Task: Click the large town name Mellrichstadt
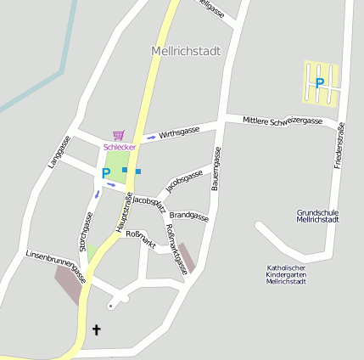coord(185,51)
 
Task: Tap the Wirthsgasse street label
coord(179,132)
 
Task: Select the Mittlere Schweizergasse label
coord(283,121)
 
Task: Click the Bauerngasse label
coord(216,168)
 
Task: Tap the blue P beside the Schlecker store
coord(106,173)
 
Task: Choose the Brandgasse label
coord(188,216)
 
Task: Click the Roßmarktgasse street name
coord(176,249)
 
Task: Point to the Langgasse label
coord(59,152)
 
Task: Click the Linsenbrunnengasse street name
coord(56,265)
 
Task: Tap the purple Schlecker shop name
coord(120,147)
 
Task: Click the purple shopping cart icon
coord(118,135)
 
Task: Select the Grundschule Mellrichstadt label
coord(318,216)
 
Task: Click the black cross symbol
coord(96,329)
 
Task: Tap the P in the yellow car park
coord(320,83)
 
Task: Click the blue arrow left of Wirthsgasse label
coord(151,136)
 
